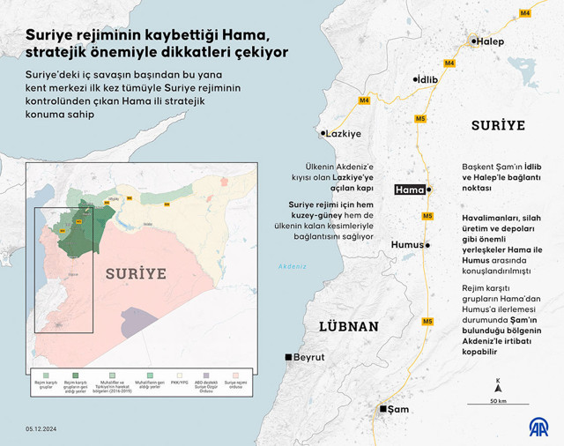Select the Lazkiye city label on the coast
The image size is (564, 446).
pos(343,134)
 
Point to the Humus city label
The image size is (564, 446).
pos(407,246)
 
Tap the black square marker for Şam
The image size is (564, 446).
pos(382,409)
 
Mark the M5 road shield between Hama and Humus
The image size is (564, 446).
pos(427,216)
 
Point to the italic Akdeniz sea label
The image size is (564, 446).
pos(292,267)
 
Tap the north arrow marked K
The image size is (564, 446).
pos(498,384)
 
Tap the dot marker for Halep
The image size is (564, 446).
pos(473,41)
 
